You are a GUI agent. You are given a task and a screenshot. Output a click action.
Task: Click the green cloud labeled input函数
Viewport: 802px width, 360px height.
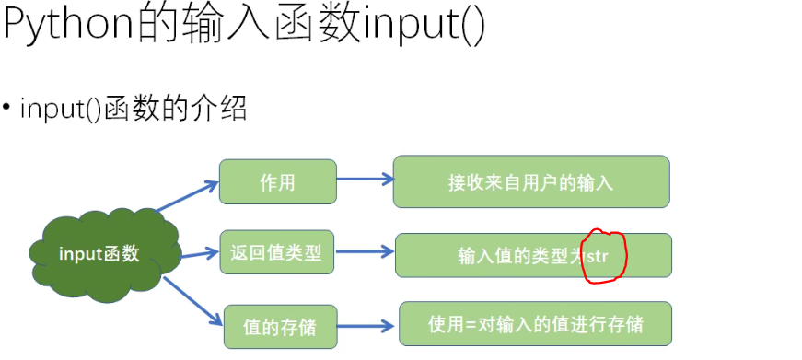point(97,255)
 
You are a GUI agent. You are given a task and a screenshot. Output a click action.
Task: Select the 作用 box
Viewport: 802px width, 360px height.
point(276,181)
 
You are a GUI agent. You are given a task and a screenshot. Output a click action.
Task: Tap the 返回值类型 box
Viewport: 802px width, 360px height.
point(276,252)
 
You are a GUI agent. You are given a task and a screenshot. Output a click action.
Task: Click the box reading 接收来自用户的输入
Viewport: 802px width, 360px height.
point(530,181)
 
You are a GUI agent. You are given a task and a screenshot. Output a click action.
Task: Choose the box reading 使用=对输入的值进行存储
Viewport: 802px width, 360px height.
point(535,324)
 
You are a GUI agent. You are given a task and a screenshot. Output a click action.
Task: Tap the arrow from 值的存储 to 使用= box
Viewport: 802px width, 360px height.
point(366,324)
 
